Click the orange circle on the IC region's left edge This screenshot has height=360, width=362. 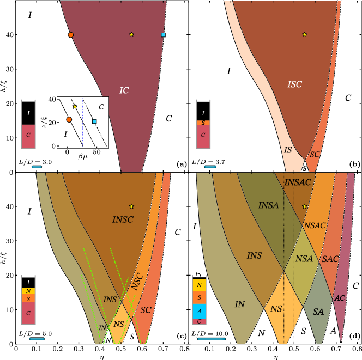coord(71,35)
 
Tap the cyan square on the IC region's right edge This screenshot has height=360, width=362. coord(163,35)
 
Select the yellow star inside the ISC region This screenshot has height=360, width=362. coord(304,35)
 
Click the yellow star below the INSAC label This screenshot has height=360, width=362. coord(305,206)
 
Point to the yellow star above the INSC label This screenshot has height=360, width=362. coord(131,206)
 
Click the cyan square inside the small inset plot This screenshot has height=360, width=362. coord(94,121)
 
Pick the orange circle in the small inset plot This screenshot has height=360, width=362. coord(69,119)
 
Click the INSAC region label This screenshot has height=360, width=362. coord(298,182)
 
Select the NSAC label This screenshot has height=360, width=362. coord(315,225)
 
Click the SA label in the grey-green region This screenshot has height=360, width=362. coord(318,312)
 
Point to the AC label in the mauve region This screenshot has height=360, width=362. coord(340,298)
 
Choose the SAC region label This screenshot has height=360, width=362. coord(330,259)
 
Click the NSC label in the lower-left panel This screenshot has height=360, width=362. coord(137,281)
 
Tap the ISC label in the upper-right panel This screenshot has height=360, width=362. coord(294,84)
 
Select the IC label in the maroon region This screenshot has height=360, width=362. coord(124,90)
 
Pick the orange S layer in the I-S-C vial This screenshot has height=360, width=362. coord(203,123)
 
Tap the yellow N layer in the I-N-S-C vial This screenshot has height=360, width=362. coord(28,291)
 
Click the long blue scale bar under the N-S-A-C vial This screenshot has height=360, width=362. coord(210,339)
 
